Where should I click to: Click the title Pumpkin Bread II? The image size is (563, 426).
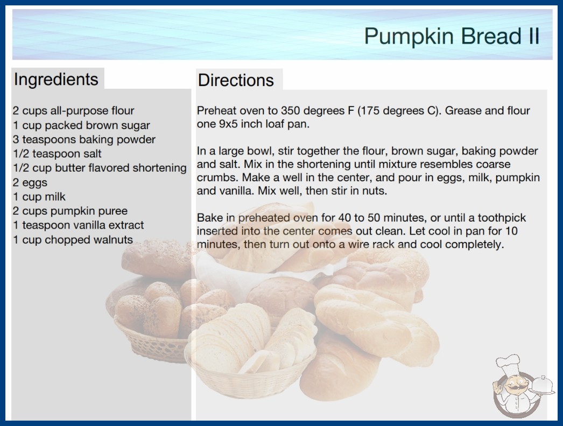click(452, 36)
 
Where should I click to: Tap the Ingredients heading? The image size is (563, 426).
click(56, 80)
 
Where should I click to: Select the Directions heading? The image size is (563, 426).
click(236, 80)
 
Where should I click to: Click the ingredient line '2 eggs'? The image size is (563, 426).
click(30, 182)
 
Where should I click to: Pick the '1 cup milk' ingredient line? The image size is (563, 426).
click(39, 197)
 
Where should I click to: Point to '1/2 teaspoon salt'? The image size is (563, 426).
click(57, 154)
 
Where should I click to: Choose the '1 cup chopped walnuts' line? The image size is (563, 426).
click(73, 239)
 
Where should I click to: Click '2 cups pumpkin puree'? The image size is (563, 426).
click(70, 211)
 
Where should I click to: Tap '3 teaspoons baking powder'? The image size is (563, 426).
click(84, 139)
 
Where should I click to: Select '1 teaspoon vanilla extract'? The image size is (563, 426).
click(78, 225)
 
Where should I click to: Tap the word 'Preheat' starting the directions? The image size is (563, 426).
click(217, 111)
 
